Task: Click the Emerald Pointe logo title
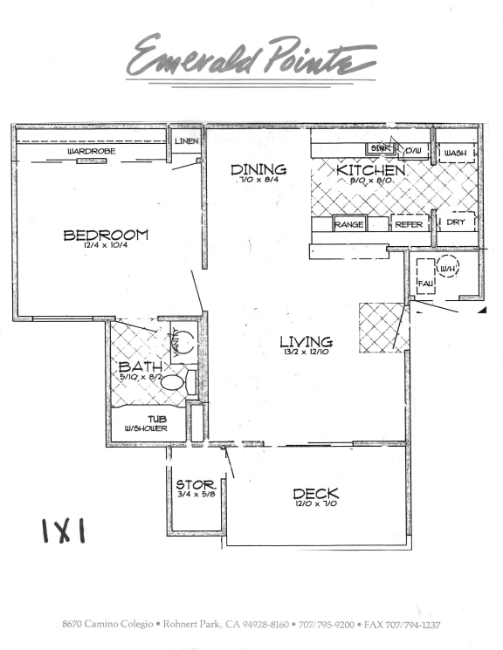[251, 57]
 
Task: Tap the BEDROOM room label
[105, 235]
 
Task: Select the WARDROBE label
[93, 151]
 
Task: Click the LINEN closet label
[185, 140]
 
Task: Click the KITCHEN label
[370, 170]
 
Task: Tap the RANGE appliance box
[348, 224]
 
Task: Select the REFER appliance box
[408, 224]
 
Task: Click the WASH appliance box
[455, 153]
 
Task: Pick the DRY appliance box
[456, 222]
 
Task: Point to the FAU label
[425, 284]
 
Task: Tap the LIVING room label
[306, 342]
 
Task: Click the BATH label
[140, 367]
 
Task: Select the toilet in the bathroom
[174, 381]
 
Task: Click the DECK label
[315, 495]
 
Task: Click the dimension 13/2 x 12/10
[306, 352]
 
